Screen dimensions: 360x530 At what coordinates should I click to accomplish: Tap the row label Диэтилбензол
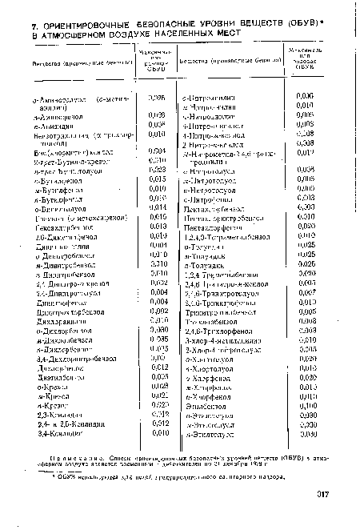[x=54, y=375]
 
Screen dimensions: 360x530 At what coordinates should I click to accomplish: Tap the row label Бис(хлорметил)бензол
[x=67, y=151]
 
